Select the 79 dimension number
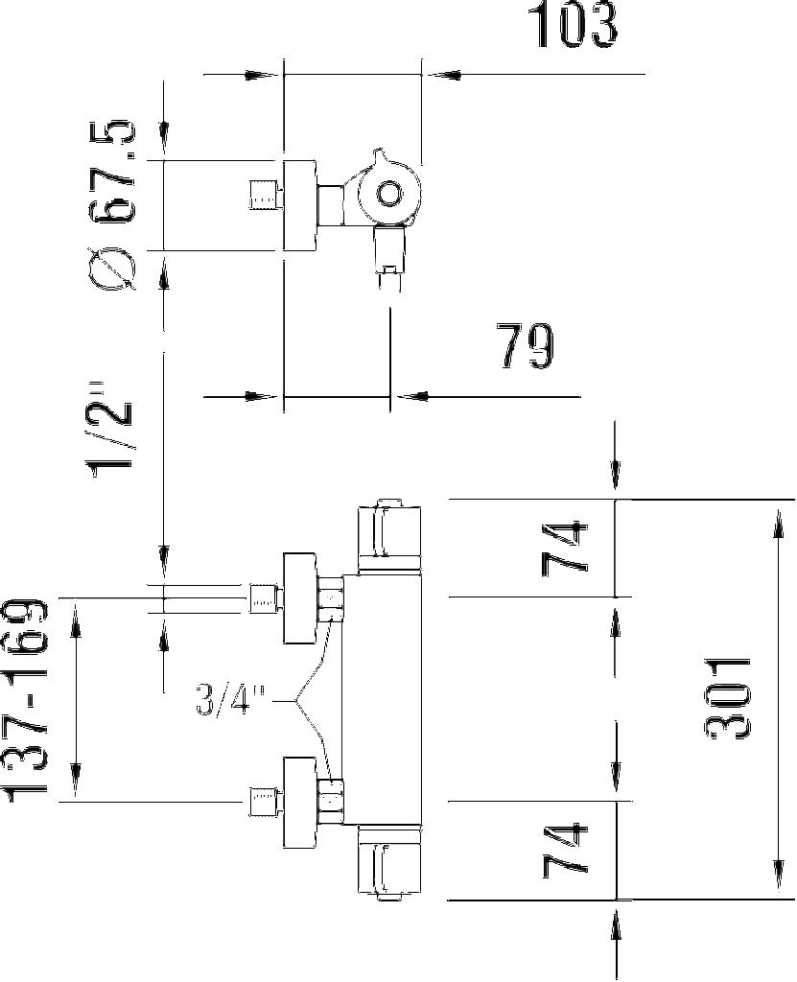(526, 347)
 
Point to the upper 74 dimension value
(565, 549)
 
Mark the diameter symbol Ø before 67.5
(115, 266)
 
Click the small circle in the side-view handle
(388, 196)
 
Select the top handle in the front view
(387, 531)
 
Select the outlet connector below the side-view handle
(389, 254)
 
